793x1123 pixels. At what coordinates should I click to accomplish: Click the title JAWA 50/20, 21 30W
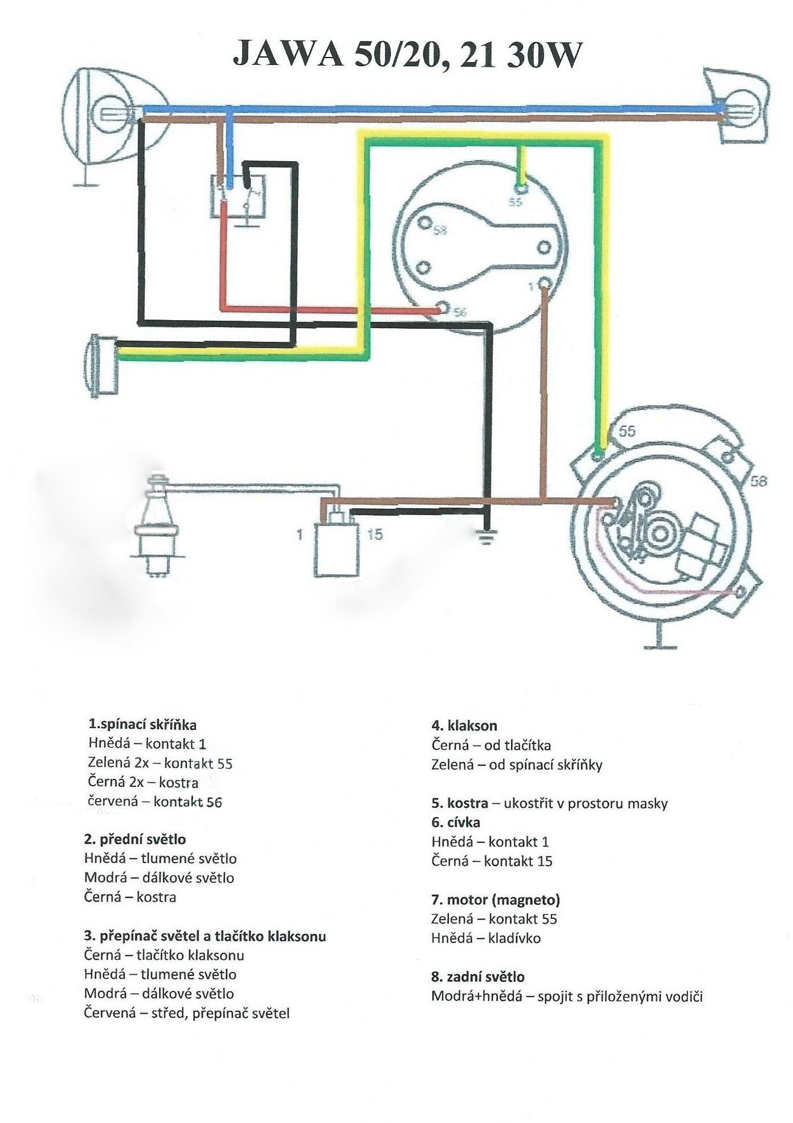tap(407, 55)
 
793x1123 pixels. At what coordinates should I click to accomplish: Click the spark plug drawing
tap(157, 525)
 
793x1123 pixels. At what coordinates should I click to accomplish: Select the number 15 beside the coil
tap(375, 534)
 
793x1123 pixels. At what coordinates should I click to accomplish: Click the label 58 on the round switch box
tap(440, 231)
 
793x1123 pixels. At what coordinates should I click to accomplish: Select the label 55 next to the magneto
tap(627, 431)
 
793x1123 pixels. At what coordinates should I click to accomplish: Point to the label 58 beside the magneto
tap(759, 481)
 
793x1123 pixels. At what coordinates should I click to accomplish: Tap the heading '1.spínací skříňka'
tap(142, 725)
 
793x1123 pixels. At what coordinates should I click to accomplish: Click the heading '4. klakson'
tap(464, 725)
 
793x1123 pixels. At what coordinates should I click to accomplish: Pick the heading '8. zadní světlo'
tap(478, 977)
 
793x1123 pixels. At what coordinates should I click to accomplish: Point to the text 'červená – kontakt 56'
tap(155, 802)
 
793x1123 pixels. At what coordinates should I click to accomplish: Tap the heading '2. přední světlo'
tap(135, 839)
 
